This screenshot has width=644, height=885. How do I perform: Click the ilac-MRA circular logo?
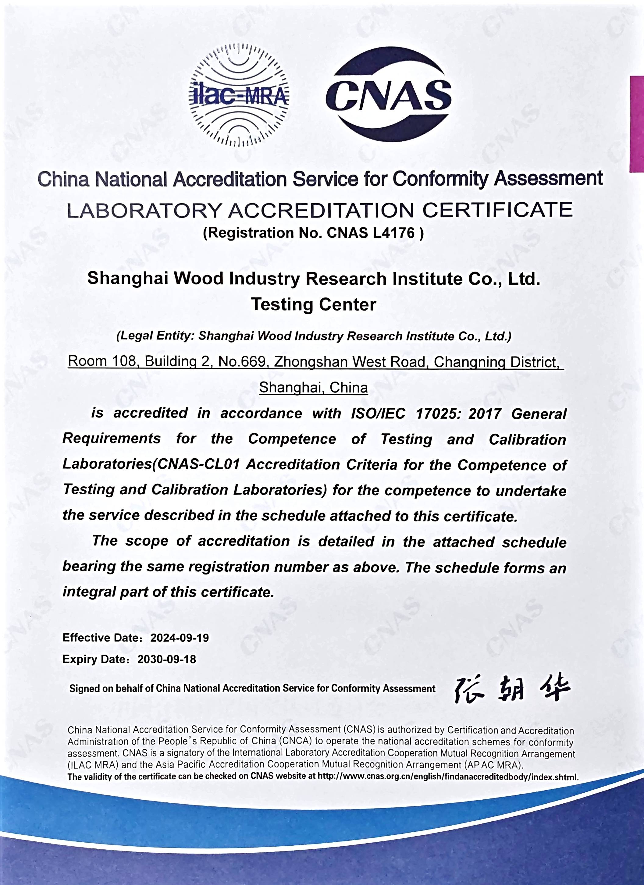[x=239, y=95]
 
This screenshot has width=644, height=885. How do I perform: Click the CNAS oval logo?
[x=389, y=95]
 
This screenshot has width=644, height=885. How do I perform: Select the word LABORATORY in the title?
[x=144, y=211]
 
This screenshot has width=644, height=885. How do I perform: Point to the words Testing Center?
[x=313, y=304]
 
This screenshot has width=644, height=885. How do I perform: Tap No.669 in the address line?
[x=242, y=362]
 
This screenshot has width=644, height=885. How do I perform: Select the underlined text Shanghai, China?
[x=313, y=387]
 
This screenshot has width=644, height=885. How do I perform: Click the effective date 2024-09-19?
[x=180, y=638]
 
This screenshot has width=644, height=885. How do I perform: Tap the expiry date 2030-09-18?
[x=167, y=659]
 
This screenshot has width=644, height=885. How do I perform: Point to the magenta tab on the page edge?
[x=637, y=124]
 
